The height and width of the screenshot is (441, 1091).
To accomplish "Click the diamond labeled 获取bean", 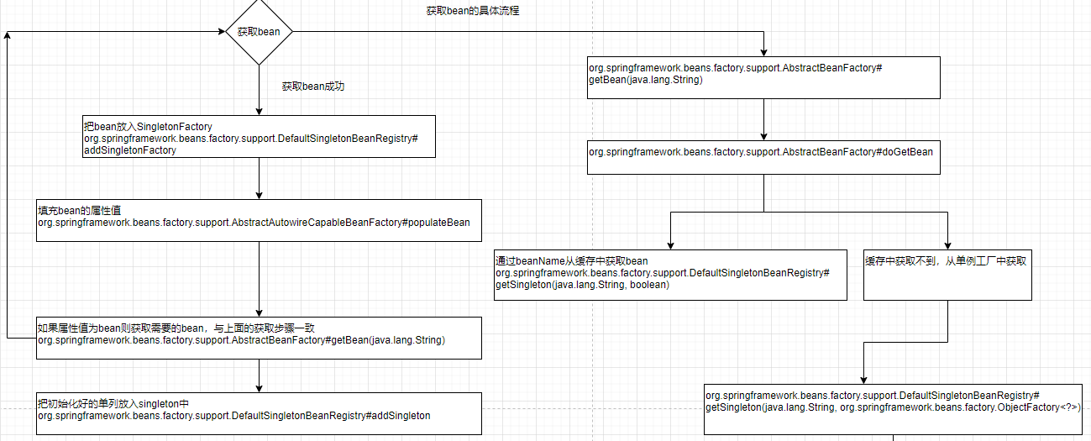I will (259, 32).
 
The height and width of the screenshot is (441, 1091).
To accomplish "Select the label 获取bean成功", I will (313, 87).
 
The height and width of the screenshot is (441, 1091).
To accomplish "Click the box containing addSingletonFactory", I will (259, 136).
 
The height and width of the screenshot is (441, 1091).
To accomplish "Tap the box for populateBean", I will (259, 220).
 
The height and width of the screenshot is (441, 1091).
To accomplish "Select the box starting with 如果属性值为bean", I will (259, 338).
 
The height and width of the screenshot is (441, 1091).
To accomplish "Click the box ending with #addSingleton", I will (259, 413).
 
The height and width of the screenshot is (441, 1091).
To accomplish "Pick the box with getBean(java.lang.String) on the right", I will (763, 77).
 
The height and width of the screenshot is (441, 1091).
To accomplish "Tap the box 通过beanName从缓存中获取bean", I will (671, 274).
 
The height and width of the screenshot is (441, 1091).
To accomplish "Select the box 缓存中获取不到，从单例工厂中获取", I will (947, 274).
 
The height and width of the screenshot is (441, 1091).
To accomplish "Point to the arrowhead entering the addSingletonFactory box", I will (259, 111).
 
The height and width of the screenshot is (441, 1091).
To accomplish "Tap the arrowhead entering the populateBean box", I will (259, 195).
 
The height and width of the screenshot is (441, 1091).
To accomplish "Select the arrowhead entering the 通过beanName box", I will (671, 244).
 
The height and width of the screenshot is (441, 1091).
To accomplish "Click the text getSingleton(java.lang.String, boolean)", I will (582, 286).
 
